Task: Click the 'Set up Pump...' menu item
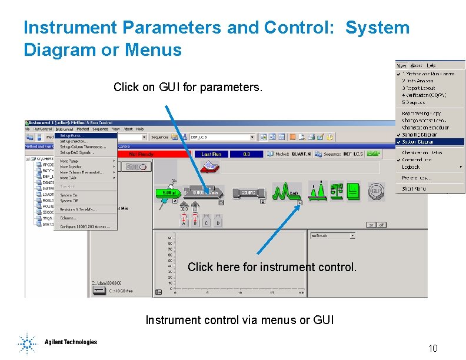click(74, 135)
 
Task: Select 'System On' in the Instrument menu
click(69, 195)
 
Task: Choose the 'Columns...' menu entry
click(69, 218)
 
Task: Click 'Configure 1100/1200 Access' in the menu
click(85, 227)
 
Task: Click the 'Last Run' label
click(211, 154)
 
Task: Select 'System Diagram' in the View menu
click(419, 142)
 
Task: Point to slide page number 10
click(432, 349)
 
